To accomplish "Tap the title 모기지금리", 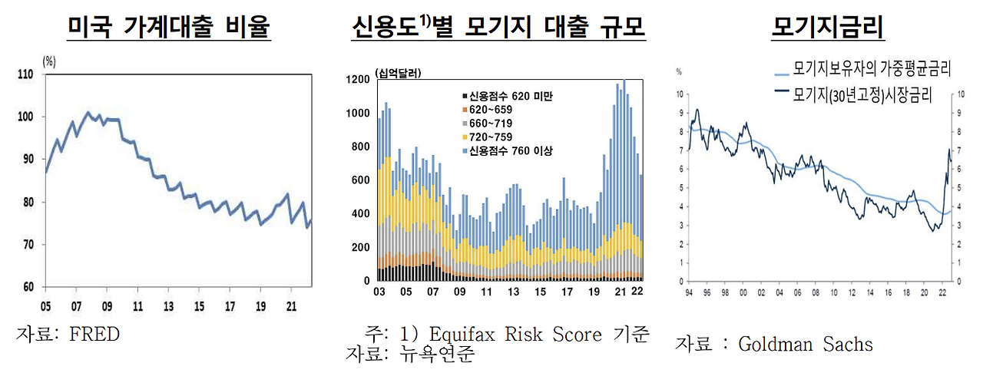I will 828,29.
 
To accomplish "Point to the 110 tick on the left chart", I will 25,74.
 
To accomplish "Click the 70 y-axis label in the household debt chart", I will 27,245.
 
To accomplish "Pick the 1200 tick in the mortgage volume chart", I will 359,80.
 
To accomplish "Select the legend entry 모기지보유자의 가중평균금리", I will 872,70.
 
